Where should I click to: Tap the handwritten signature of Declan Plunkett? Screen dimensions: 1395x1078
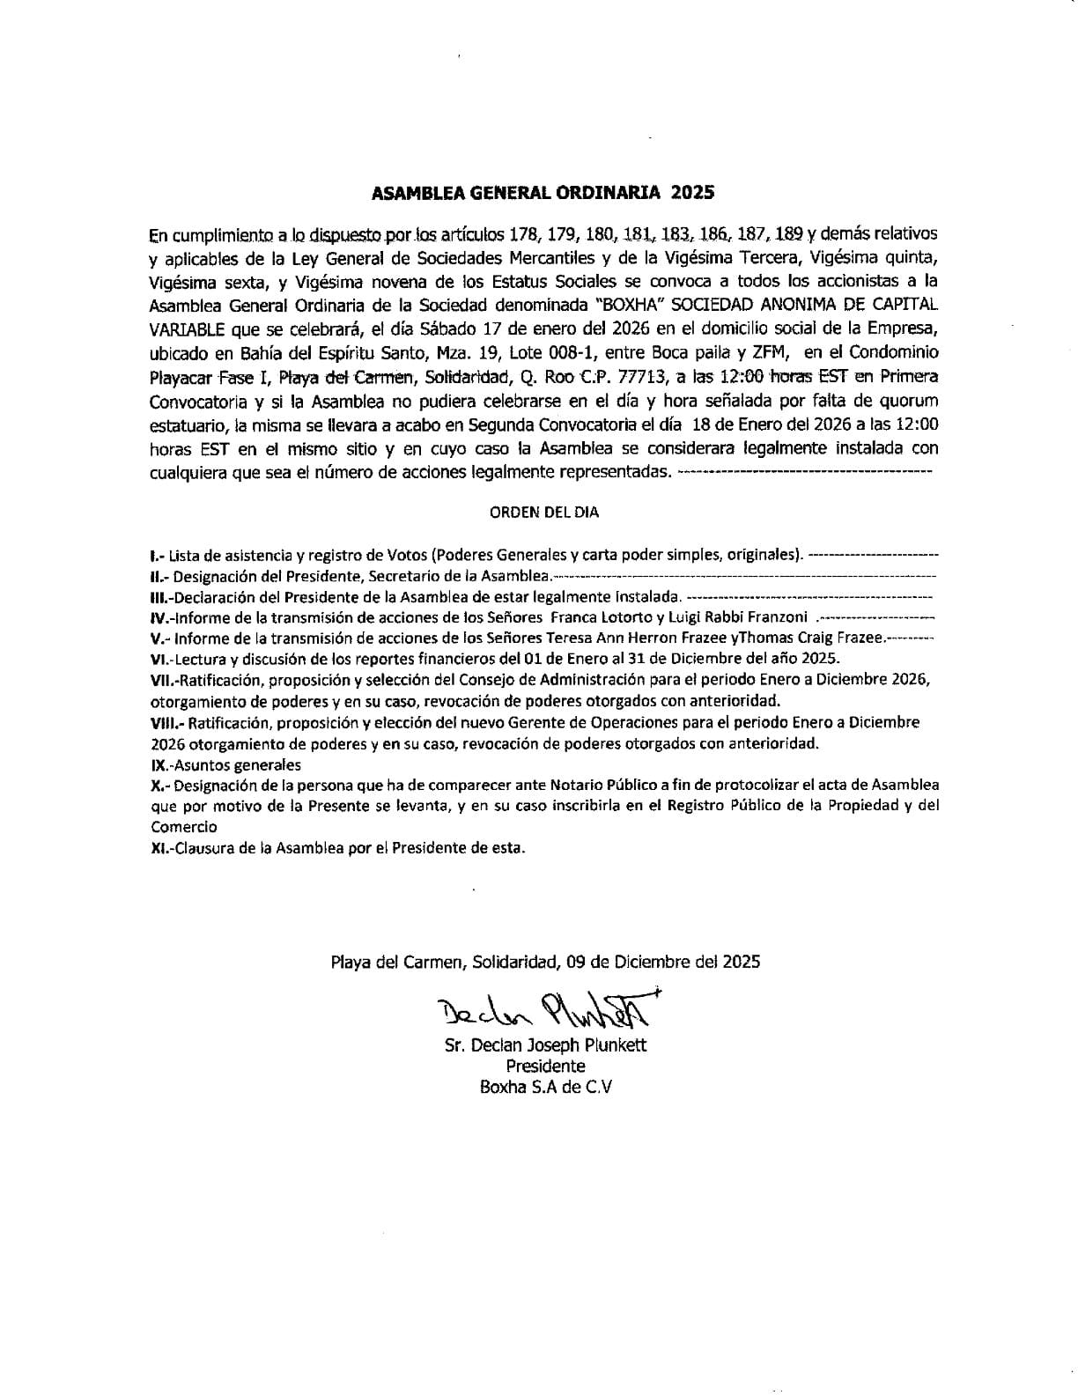(546, 1007)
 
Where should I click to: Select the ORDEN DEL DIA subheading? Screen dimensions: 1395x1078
(544, 512)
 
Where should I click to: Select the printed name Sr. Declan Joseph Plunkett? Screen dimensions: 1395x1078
(546, 1045)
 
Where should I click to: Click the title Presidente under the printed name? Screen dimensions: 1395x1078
(546, 1066)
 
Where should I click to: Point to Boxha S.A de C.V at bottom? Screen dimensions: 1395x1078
(546, 1087)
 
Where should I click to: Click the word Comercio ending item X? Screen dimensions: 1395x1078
(184, 827)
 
